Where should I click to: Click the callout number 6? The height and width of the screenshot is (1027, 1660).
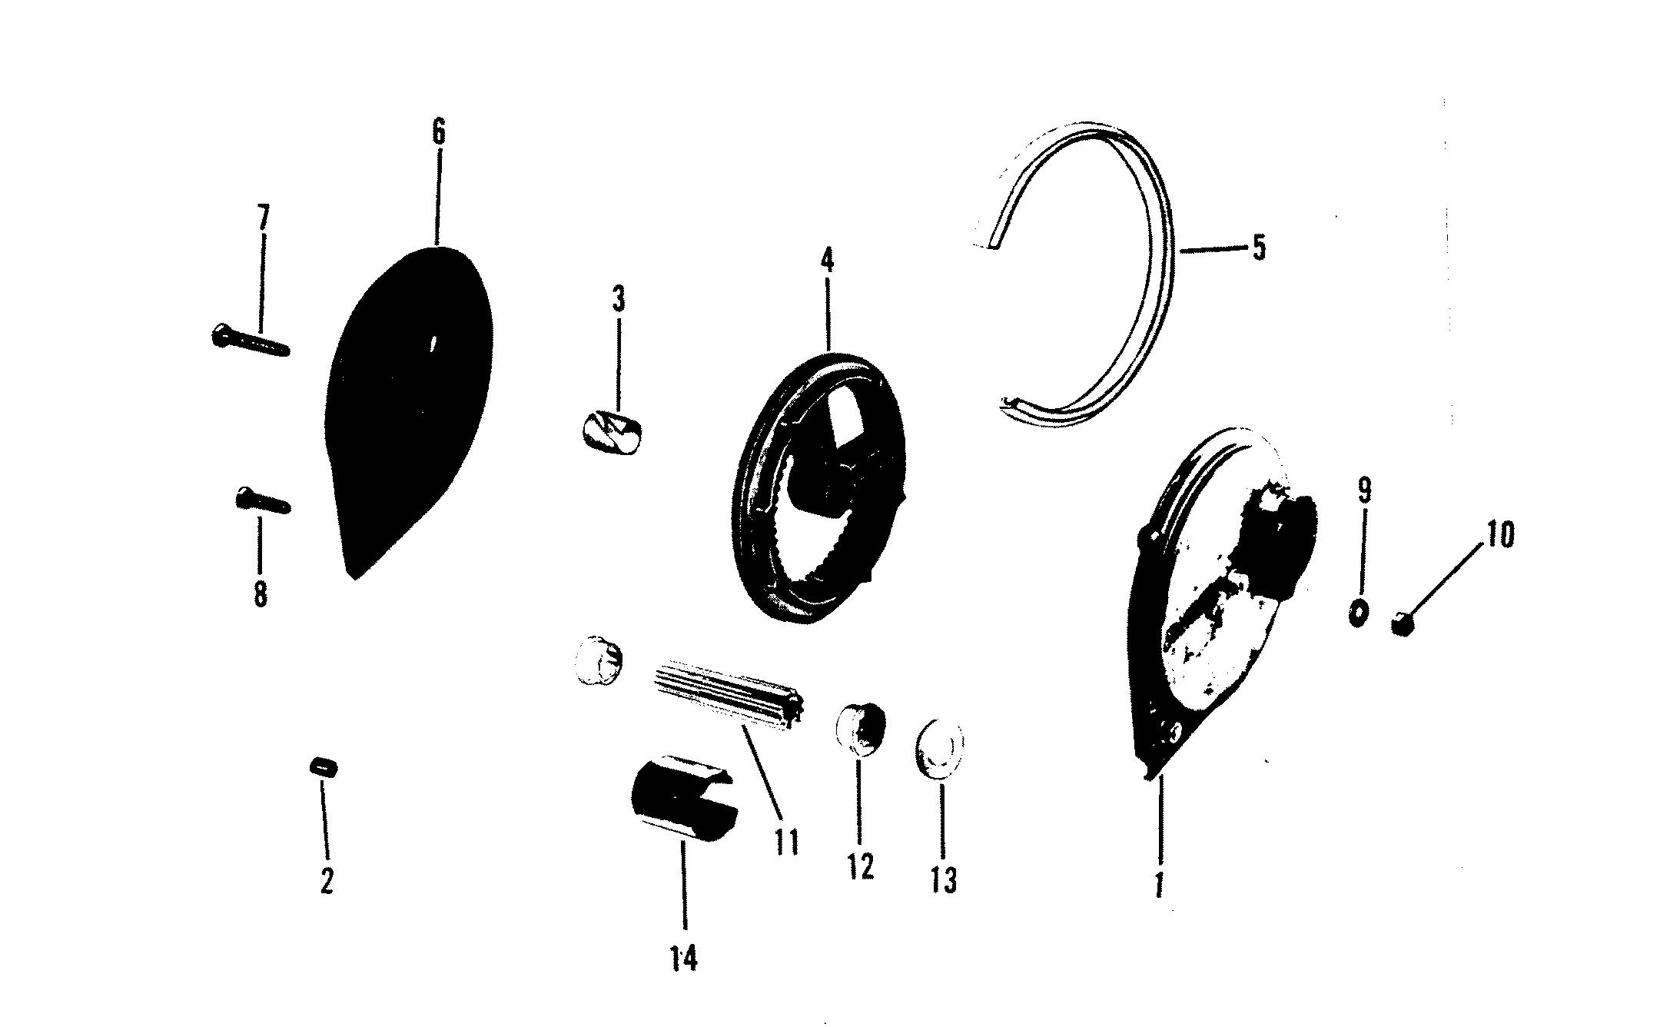(x=437, y=132)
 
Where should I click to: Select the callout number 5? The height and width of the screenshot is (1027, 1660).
(x=1258, y=248)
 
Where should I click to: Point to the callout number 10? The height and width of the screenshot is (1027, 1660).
(x=1499, y=534)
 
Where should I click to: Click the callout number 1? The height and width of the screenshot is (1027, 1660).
(x=1159, y=884)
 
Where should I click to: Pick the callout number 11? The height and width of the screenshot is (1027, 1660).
(x=786, y=843)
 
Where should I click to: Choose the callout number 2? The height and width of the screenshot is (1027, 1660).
(x=327, y=881)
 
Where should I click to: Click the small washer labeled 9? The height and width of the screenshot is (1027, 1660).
(x=1358, y=612)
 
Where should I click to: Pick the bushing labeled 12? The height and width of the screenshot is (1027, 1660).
(x=861, y=731)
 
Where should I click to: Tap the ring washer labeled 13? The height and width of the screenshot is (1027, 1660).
(x=938, y=749)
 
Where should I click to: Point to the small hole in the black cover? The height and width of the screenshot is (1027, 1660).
(x=433, y=344)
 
